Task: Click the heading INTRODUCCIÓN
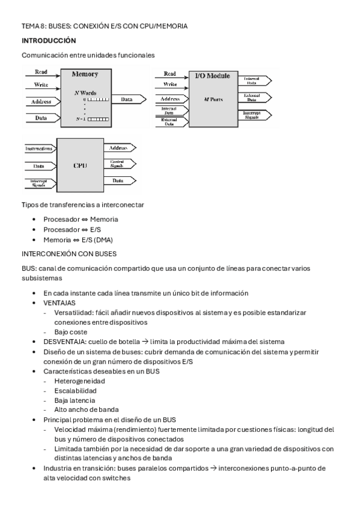point(49,40)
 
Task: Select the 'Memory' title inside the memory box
point(85,75)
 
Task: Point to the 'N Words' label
point(85,93)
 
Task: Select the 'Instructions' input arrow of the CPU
point(38,148)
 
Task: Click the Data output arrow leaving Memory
point(129,99)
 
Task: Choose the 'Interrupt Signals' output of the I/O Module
point(255,115)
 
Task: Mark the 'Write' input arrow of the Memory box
point(41,85)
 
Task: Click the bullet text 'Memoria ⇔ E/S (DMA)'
point(78,240)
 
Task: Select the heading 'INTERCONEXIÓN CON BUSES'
point(69,254)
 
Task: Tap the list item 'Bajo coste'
point(70,332)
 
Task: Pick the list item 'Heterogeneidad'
point(79,381)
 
